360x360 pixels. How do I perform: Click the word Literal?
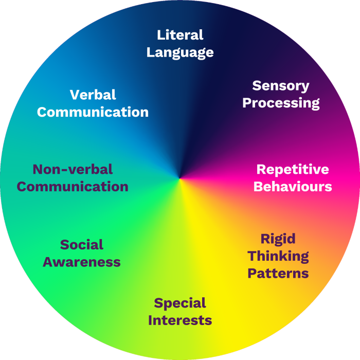point(180,35)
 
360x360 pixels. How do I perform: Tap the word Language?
point(180,52)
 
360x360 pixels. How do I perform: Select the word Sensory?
point(281,85)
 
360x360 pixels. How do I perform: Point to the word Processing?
point(281,103)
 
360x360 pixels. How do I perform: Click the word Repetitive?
point(293,169)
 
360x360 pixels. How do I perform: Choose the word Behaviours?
point(293,186)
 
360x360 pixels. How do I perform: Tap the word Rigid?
point(278,239)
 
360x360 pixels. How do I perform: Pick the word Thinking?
point(278,256)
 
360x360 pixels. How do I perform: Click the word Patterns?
point(278,273)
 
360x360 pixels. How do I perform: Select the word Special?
point(180,303)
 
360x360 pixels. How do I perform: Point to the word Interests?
point(180,320)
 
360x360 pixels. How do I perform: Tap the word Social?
point(82,245)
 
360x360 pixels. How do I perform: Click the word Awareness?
point(82,262)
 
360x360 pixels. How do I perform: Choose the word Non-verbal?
point(73,169)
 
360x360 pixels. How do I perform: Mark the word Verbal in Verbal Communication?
point(93,95)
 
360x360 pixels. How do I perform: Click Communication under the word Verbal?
point(93,112)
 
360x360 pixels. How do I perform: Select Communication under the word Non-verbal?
point(73,186)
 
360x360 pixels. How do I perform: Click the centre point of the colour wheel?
point(179,179)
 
